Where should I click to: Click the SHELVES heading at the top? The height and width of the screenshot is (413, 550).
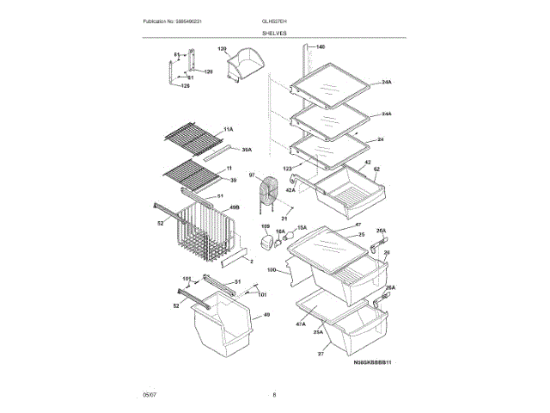[275, 33]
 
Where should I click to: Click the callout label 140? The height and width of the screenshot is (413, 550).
[321, 46]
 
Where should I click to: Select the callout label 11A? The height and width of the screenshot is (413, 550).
[229, 128]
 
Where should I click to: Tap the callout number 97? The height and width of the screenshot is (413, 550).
[253, 176]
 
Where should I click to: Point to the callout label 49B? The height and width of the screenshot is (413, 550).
[234, 207]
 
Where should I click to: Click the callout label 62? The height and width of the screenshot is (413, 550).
[376, 170]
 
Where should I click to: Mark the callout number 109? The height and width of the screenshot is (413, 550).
[266, 226]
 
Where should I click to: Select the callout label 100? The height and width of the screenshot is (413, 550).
[272, 270]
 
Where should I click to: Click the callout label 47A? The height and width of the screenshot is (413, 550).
[301, 324]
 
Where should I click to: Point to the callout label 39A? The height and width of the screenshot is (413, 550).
[247, 150]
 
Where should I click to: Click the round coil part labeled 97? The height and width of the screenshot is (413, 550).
[272, 193]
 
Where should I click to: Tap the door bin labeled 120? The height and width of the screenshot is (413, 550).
[245, 66]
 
